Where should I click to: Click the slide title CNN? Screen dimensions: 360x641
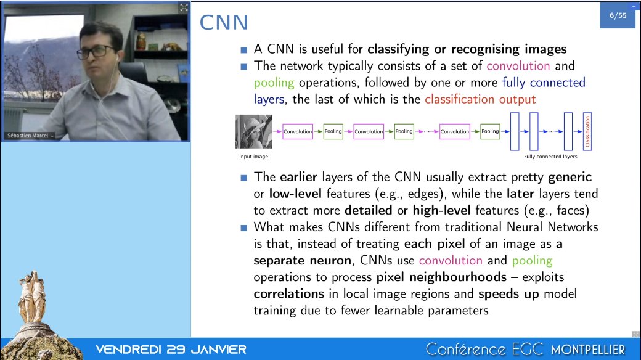tap(224, 23)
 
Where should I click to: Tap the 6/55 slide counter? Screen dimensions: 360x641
tap(618, 16)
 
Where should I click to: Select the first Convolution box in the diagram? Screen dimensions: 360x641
tap(298, 131)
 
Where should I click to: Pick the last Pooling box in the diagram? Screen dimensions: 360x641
tap(490, 131)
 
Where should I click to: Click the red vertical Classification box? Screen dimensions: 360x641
tap(587, 131)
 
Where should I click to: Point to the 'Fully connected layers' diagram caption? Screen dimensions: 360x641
tap(550, 157)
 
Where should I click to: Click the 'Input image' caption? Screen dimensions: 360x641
tap(254, 157)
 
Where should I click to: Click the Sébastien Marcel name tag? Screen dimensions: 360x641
tap(28, 136)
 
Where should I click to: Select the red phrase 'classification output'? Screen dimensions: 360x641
tap(480, 99)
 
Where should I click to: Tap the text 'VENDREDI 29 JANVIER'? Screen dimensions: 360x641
tap(171, 350)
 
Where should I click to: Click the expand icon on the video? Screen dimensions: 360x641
tap(184, 7)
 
